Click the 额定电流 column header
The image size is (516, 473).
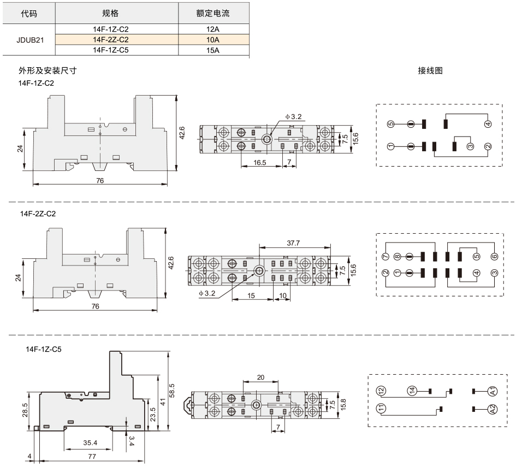click(x=212, y=13)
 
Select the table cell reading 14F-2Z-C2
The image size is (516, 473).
click(x=110, y=39)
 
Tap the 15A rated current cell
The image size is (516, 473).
click(x=212, y=50)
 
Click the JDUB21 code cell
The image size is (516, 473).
click(x=30, y=40)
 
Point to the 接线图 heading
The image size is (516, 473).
click(x=430, y=70)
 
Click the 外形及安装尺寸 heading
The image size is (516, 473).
click(x=48, y=70)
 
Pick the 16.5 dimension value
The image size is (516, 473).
click(x=260, y=162)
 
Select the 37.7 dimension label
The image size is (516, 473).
click(x=293, y=243)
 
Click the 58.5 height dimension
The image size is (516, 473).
click(x=172, y=391)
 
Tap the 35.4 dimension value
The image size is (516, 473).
click(x=90, y=443)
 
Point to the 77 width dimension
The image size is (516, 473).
click(x=92, y=456)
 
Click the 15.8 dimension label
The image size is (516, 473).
click(x=343, y=404)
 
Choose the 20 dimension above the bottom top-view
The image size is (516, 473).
click(x=260, y=377)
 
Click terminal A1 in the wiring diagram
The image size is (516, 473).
click(x=493, y=391)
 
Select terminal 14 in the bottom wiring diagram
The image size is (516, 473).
click(x=412, y=391)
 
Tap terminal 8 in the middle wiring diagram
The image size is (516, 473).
click(x=398, y=256)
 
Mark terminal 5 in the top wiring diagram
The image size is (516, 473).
click(x=390, y=124)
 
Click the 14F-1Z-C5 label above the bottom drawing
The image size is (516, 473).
click(x=44, y=349)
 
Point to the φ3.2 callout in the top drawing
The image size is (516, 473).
click(x=294, y=116)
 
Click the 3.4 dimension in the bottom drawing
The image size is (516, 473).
click(x=131, y=441)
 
